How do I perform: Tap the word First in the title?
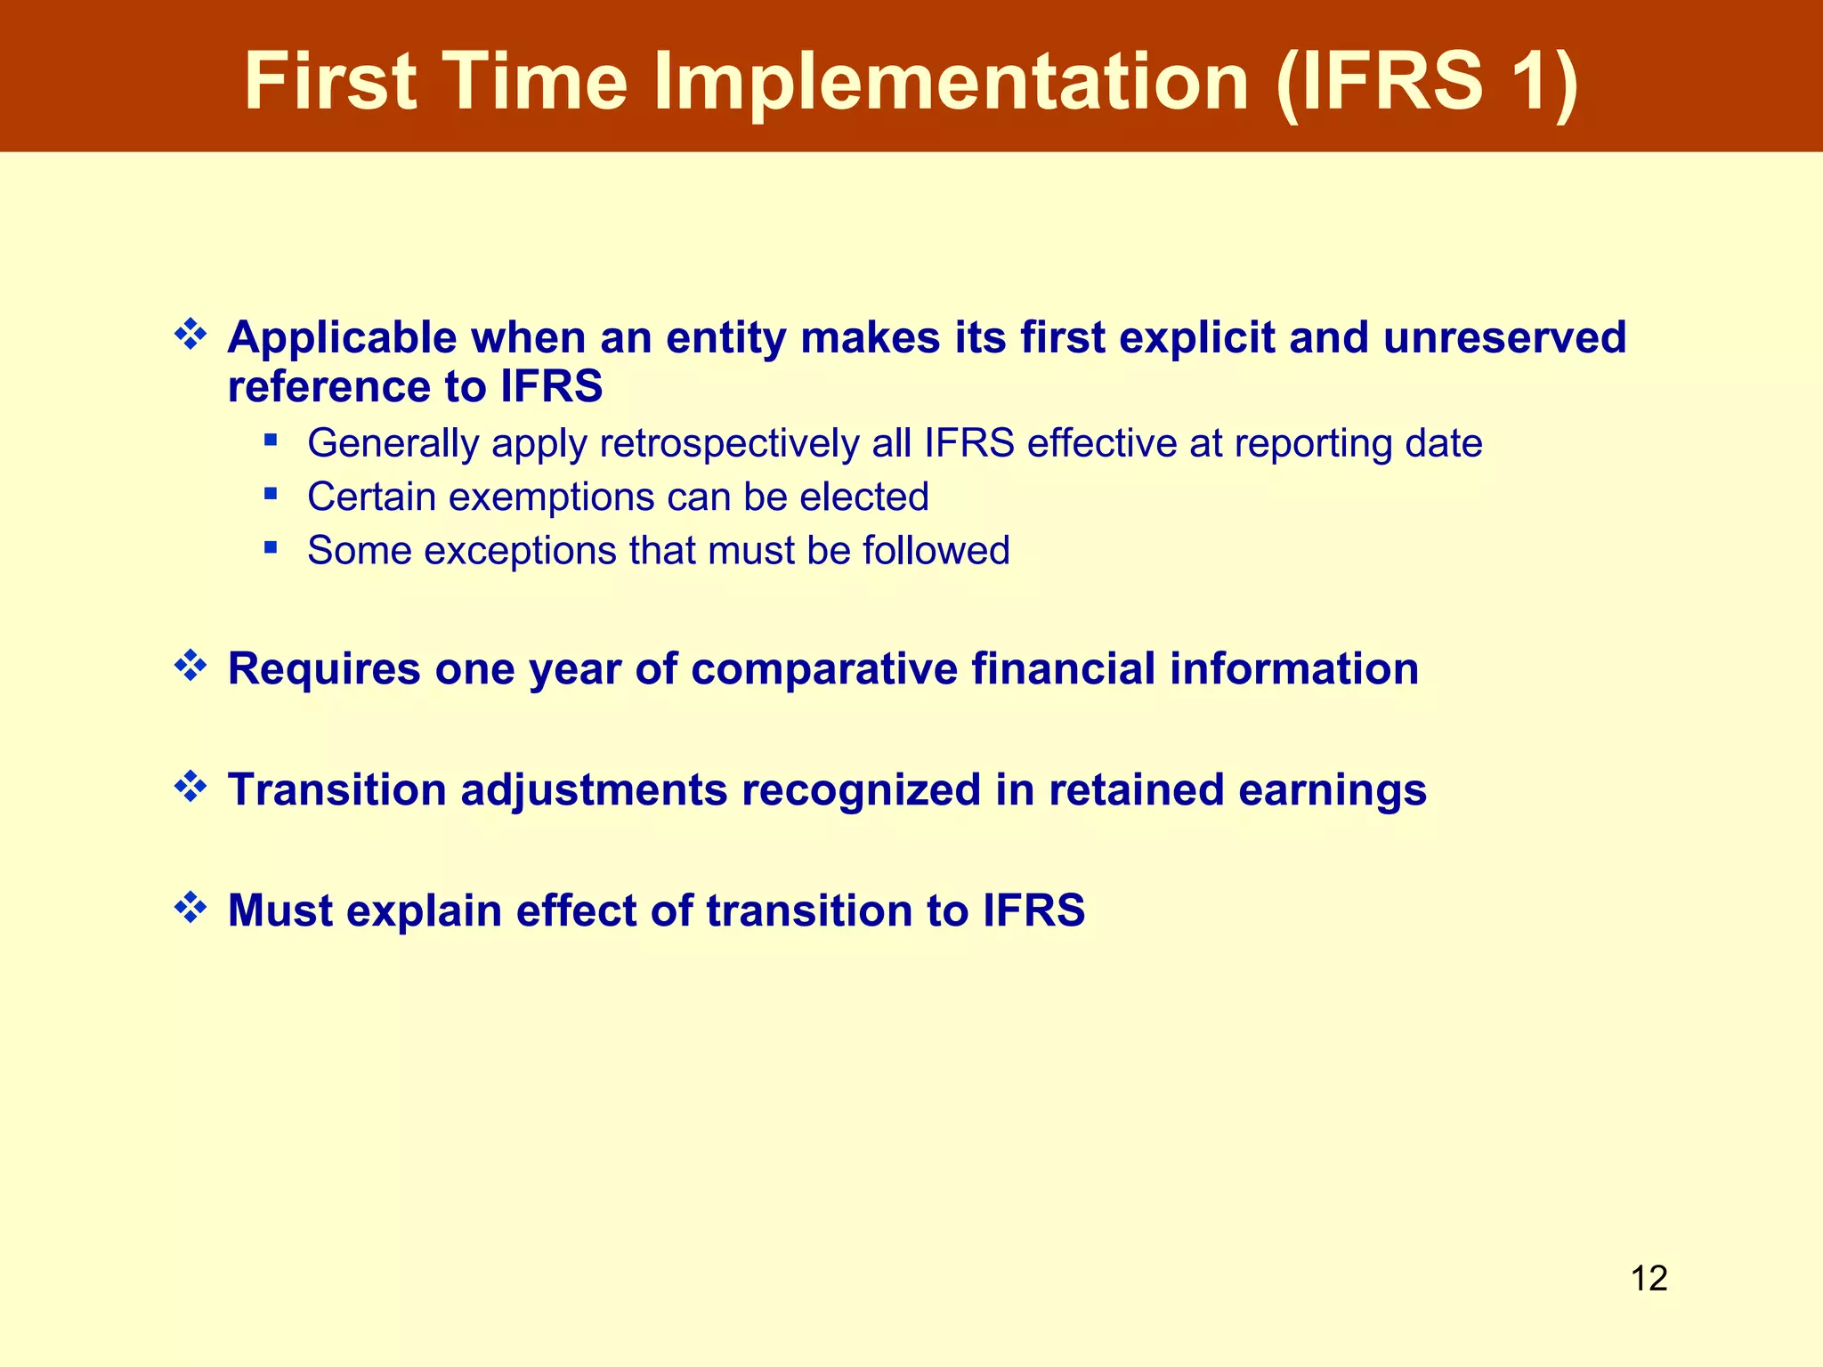330,82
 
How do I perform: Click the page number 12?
1649,1279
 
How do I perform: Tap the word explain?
424,911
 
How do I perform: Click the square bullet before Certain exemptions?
271,492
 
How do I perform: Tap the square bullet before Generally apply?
271,439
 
